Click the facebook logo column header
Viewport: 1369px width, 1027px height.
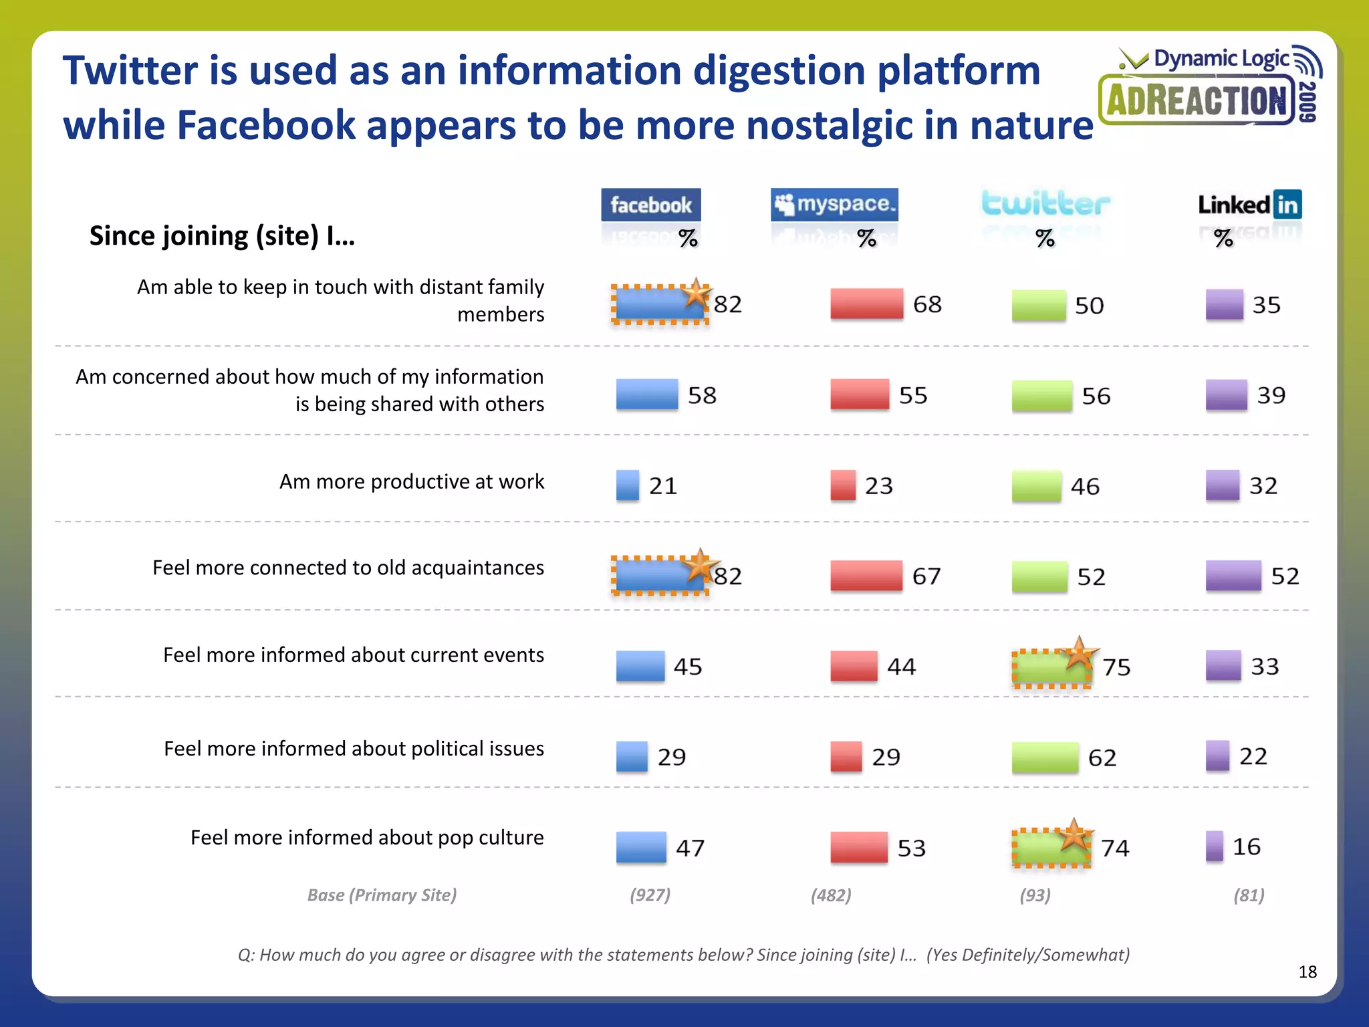point(650,205)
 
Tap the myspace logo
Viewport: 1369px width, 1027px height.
point(834,204)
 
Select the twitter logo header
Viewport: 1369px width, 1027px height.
point(1045,203)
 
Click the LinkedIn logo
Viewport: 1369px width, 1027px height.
point(1249,204)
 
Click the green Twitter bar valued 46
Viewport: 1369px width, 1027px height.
point(1036,486)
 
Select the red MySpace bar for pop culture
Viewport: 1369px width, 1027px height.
point(859,847)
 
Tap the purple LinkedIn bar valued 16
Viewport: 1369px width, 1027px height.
point(1215,846)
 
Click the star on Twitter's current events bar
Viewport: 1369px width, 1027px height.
point(1078,654)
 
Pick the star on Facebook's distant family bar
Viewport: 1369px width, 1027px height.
point(696,294)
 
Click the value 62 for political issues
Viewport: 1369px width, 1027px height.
point(1102,758)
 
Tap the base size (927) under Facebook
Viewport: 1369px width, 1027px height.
point(650,895)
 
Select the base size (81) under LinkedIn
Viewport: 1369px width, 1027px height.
point(1249,895)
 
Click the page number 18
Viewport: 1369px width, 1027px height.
point(1307,972)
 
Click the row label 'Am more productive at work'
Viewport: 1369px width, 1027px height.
point(411,481)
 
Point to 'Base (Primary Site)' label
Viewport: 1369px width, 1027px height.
point(382,895)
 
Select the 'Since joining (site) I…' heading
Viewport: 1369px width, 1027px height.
point(222,236)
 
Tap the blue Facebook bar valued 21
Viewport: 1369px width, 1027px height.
point(627,485)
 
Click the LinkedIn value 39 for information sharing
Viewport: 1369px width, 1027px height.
point(1271,395)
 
